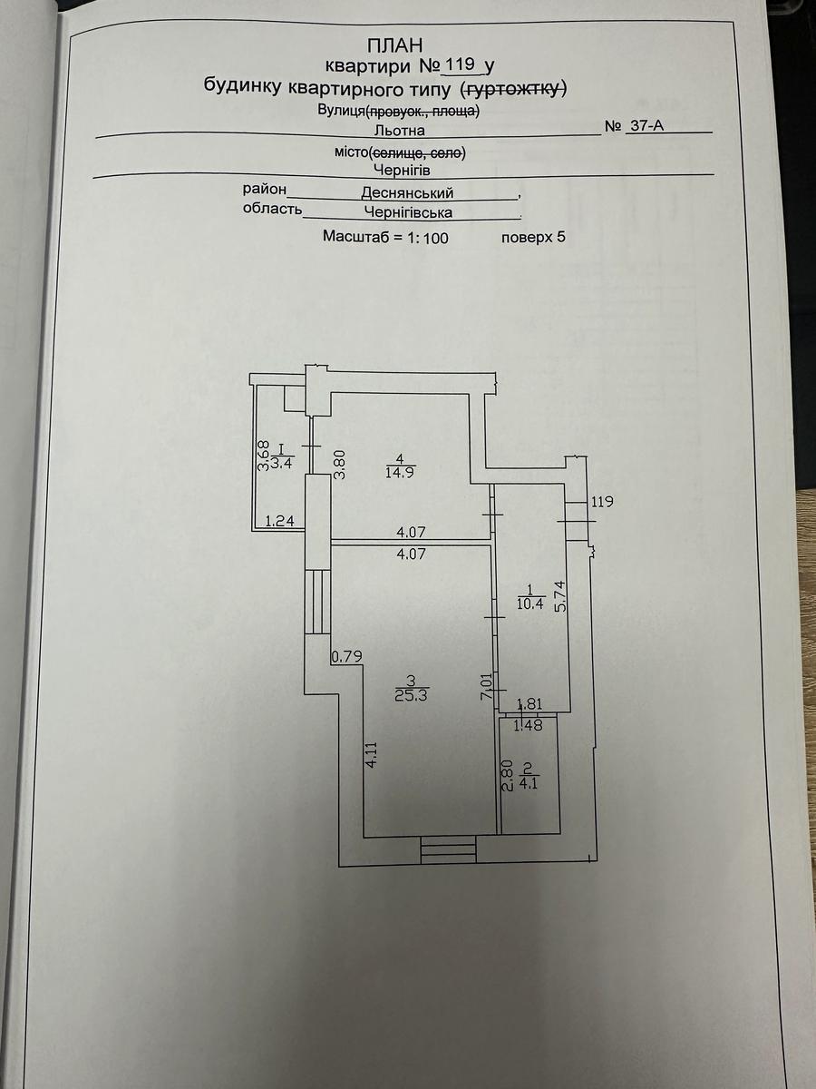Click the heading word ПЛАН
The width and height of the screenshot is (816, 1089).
(395, 44)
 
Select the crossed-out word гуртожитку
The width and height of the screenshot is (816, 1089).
(514, 88)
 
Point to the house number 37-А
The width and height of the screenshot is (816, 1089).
(646, 127)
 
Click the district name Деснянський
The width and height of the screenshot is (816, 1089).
(407, 193)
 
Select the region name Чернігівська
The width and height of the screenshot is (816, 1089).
(408, 213)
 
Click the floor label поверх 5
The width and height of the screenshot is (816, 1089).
(533, 238)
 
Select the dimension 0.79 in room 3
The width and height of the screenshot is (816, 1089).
(346, 656)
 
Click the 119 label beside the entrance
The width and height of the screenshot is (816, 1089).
(604, 501)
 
